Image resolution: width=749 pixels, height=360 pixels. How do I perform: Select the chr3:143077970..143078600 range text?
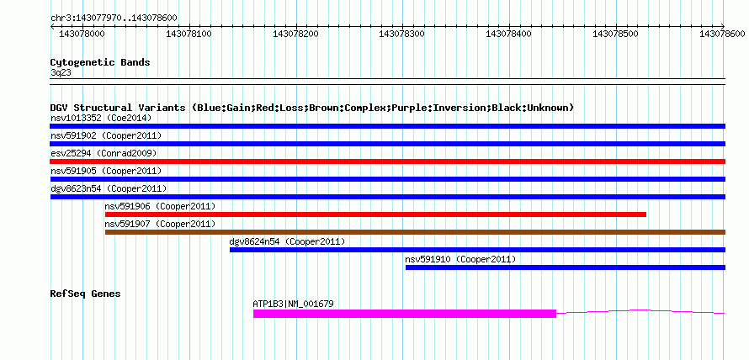coord(114,19)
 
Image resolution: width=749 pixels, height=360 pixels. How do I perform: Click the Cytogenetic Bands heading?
coord(100,62)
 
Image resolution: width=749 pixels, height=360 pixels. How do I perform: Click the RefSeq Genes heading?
coord(85,294)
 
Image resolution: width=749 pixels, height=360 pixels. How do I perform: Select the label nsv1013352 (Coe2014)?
coord(101,118)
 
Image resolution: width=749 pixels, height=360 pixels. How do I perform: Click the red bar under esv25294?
coord(387,161)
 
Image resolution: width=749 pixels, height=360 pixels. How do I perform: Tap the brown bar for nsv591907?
coord(415,232)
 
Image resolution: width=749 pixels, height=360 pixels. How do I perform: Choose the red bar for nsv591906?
coord(375,214)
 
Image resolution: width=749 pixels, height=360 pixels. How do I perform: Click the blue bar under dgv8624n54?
coord(478,250)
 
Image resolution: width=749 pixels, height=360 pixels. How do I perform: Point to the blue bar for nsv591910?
coord(566,267)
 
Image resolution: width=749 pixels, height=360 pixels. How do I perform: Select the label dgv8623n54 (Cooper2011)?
coord(109,188)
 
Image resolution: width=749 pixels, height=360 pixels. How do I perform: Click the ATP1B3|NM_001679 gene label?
coord(294,303)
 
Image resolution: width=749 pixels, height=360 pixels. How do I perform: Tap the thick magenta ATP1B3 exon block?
coord(405,314)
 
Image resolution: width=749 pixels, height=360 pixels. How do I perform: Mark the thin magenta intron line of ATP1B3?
coord(640,311)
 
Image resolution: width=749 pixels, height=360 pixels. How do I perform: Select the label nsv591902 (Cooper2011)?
coord(105,135)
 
